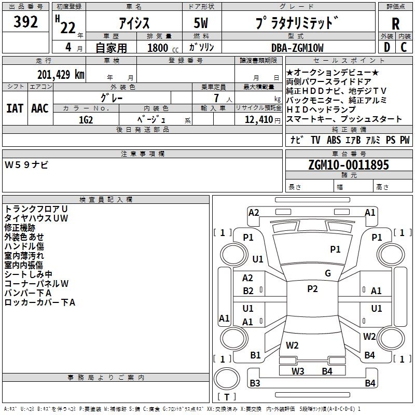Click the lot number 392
pos(25,21)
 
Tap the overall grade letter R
pos(395,24)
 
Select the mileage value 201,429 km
pos(61,75)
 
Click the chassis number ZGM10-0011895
pos(349,165)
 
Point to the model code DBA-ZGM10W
pos(297,48)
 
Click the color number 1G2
pos(86,120)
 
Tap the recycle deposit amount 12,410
pos(258,120)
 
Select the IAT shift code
pos(15,108)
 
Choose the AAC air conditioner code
pos(40,108)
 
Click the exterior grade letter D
pos(387,47)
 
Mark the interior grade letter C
pos(404,47)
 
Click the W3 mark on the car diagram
pos(298,371)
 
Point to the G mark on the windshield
pos(328,273)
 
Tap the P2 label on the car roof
pos(312,289)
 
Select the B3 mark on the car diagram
pos(255,383)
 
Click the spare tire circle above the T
pos(214,379)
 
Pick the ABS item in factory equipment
pos(334,140)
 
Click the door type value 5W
pos(201,23)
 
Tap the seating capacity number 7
pos(216,98)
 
